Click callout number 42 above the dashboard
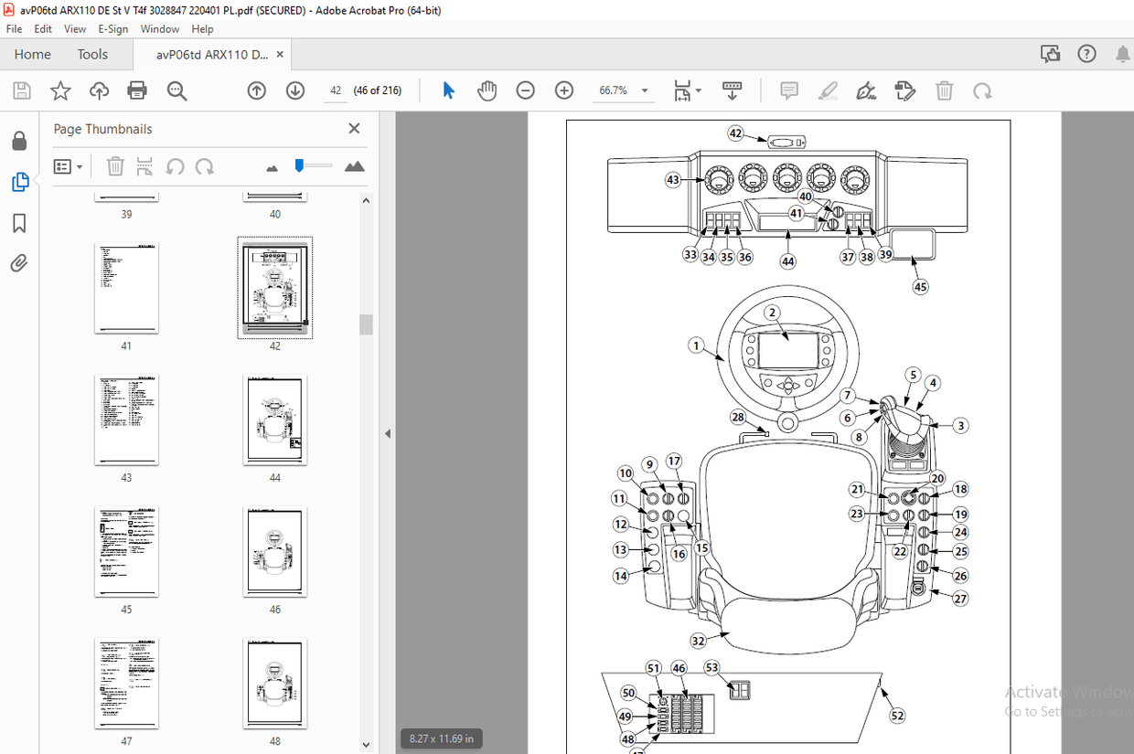point(735,133)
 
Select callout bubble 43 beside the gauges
point(673,181)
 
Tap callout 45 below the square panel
point(920,286)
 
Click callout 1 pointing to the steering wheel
point(697,346)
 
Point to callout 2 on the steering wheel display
point(772,313)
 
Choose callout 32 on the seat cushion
point(699,641)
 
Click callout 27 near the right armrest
point(960,599)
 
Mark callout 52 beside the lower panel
point(897,716)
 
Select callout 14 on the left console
point(621,576)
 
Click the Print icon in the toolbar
point(137,90)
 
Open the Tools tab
point(92,54)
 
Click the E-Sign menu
point(112,29)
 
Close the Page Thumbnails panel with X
point(354,129)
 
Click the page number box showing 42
point(336,90)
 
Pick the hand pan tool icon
point(487,90)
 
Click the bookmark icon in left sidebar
point(19,223)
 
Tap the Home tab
point(33,54)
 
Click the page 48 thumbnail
point(275,684)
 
